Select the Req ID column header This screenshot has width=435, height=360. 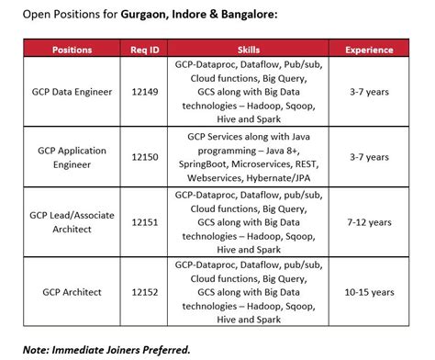click(x=146, y=50)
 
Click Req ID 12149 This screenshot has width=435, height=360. click(x=146, y=93)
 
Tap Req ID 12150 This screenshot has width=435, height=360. click(x=146, y=157)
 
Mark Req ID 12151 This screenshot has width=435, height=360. click(x=146, y=222)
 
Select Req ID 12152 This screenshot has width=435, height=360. click(x=146, y=292)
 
